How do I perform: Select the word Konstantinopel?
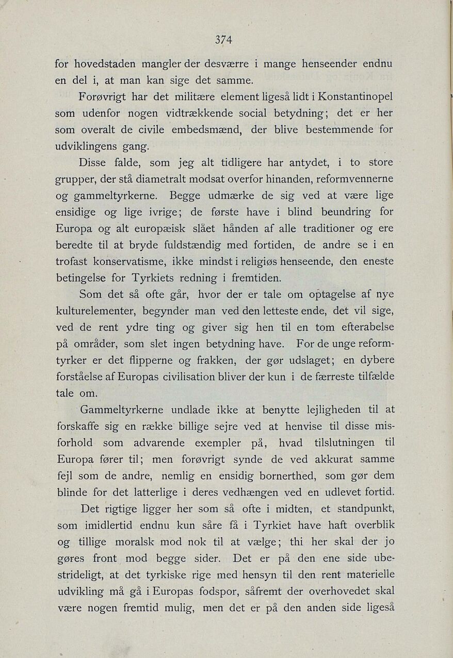click(355, 96)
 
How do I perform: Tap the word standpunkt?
click(364, 509)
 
